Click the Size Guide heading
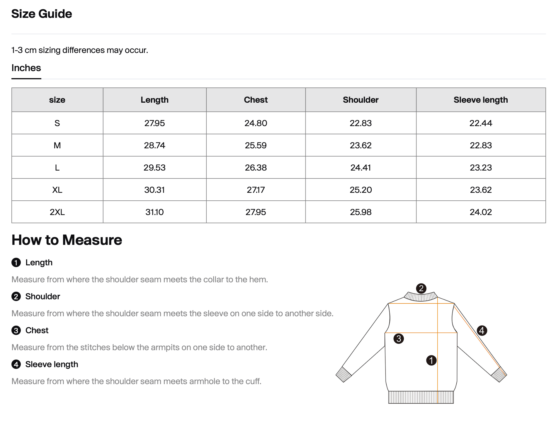42,14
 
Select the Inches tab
26,68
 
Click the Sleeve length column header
480,100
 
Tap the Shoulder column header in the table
361,100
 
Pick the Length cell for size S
154,123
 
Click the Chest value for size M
256,145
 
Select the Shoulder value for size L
361,168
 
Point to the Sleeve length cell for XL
480,190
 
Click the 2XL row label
57,212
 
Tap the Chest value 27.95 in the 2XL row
256,212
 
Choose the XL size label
57,190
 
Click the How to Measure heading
67,240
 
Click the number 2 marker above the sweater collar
421,288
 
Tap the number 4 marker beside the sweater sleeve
482,331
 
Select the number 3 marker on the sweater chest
399,339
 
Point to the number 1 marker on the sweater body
431,360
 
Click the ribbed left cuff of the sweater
344,374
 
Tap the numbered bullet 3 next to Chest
16,331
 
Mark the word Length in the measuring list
39,262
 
